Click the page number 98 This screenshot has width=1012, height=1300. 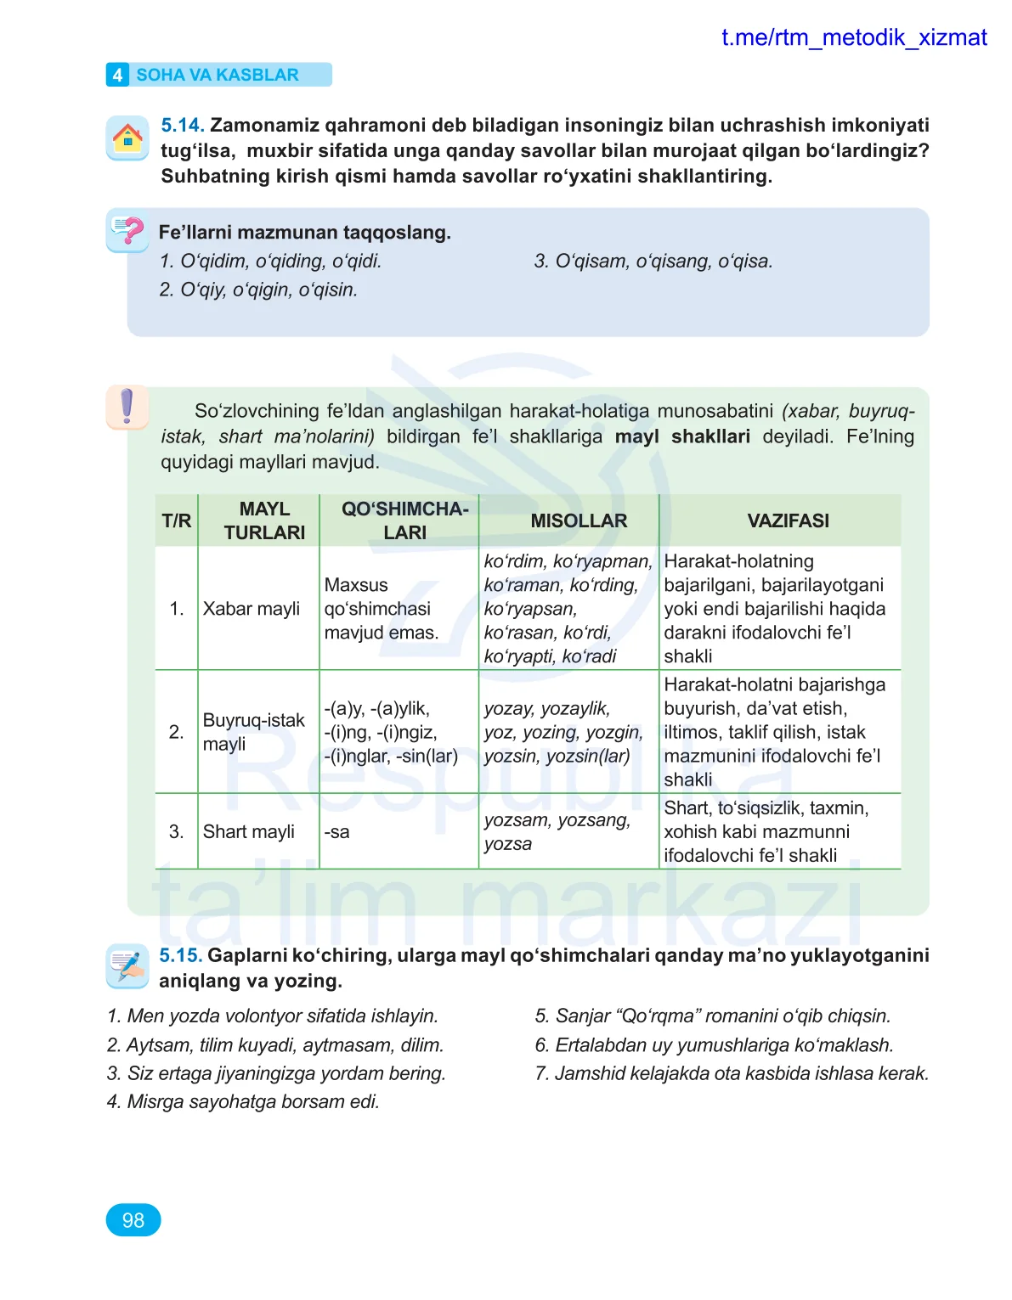[x=133, y=1220]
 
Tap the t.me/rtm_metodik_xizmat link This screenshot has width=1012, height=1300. [x=853, y=37]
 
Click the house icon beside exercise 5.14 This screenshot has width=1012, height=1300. [x=127, y=138]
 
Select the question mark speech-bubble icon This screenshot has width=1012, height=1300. [x=127, y=230]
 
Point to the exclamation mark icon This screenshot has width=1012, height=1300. [x=127, y=407]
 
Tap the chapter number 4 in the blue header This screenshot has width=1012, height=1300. [x=117, y=75]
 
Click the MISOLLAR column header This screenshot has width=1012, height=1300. [x=579, y=521]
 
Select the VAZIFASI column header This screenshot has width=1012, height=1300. [x=788, y=521]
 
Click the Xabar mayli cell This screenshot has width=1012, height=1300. [x=252, y=609]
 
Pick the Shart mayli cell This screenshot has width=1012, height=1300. [x=249, y=831]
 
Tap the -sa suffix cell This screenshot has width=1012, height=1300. [x=337, y=832]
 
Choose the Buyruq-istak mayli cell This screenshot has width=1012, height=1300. [x=253, y=732]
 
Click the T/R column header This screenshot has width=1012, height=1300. [x=177, y=521]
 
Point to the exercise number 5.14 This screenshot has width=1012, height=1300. [x=183, y=126]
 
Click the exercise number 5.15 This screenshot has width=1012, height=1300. [x=181, y=955]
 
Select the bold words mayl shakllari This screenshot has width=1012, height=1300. [x=682, y=436]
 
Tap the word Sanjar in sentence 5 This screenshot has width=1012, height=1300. [x=583, y=1016]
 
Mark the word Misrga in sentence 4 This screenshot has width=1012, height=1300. [x=155, y=1101]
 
